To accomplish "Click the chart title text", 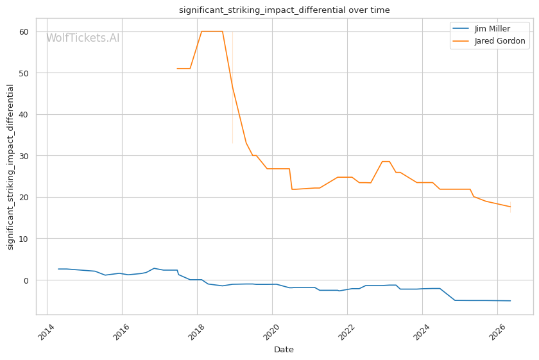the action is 284,10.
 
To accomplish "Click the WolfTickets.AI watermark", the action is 83,37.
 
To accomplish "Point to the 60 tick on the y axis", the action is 24,31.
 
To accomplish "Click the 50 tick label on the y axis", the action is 24,73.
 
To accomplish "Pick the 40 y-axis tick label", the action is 24,114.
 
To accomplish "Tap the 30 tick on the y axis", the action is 24,156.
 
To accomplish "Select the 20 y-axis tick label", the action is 24,198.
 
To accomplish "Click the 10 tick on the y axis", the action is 24,239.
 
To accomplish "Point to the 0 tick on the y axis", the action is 26,280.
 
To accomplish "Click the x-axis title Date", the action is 284,350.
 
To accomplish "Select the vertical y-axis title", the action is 10,167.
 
